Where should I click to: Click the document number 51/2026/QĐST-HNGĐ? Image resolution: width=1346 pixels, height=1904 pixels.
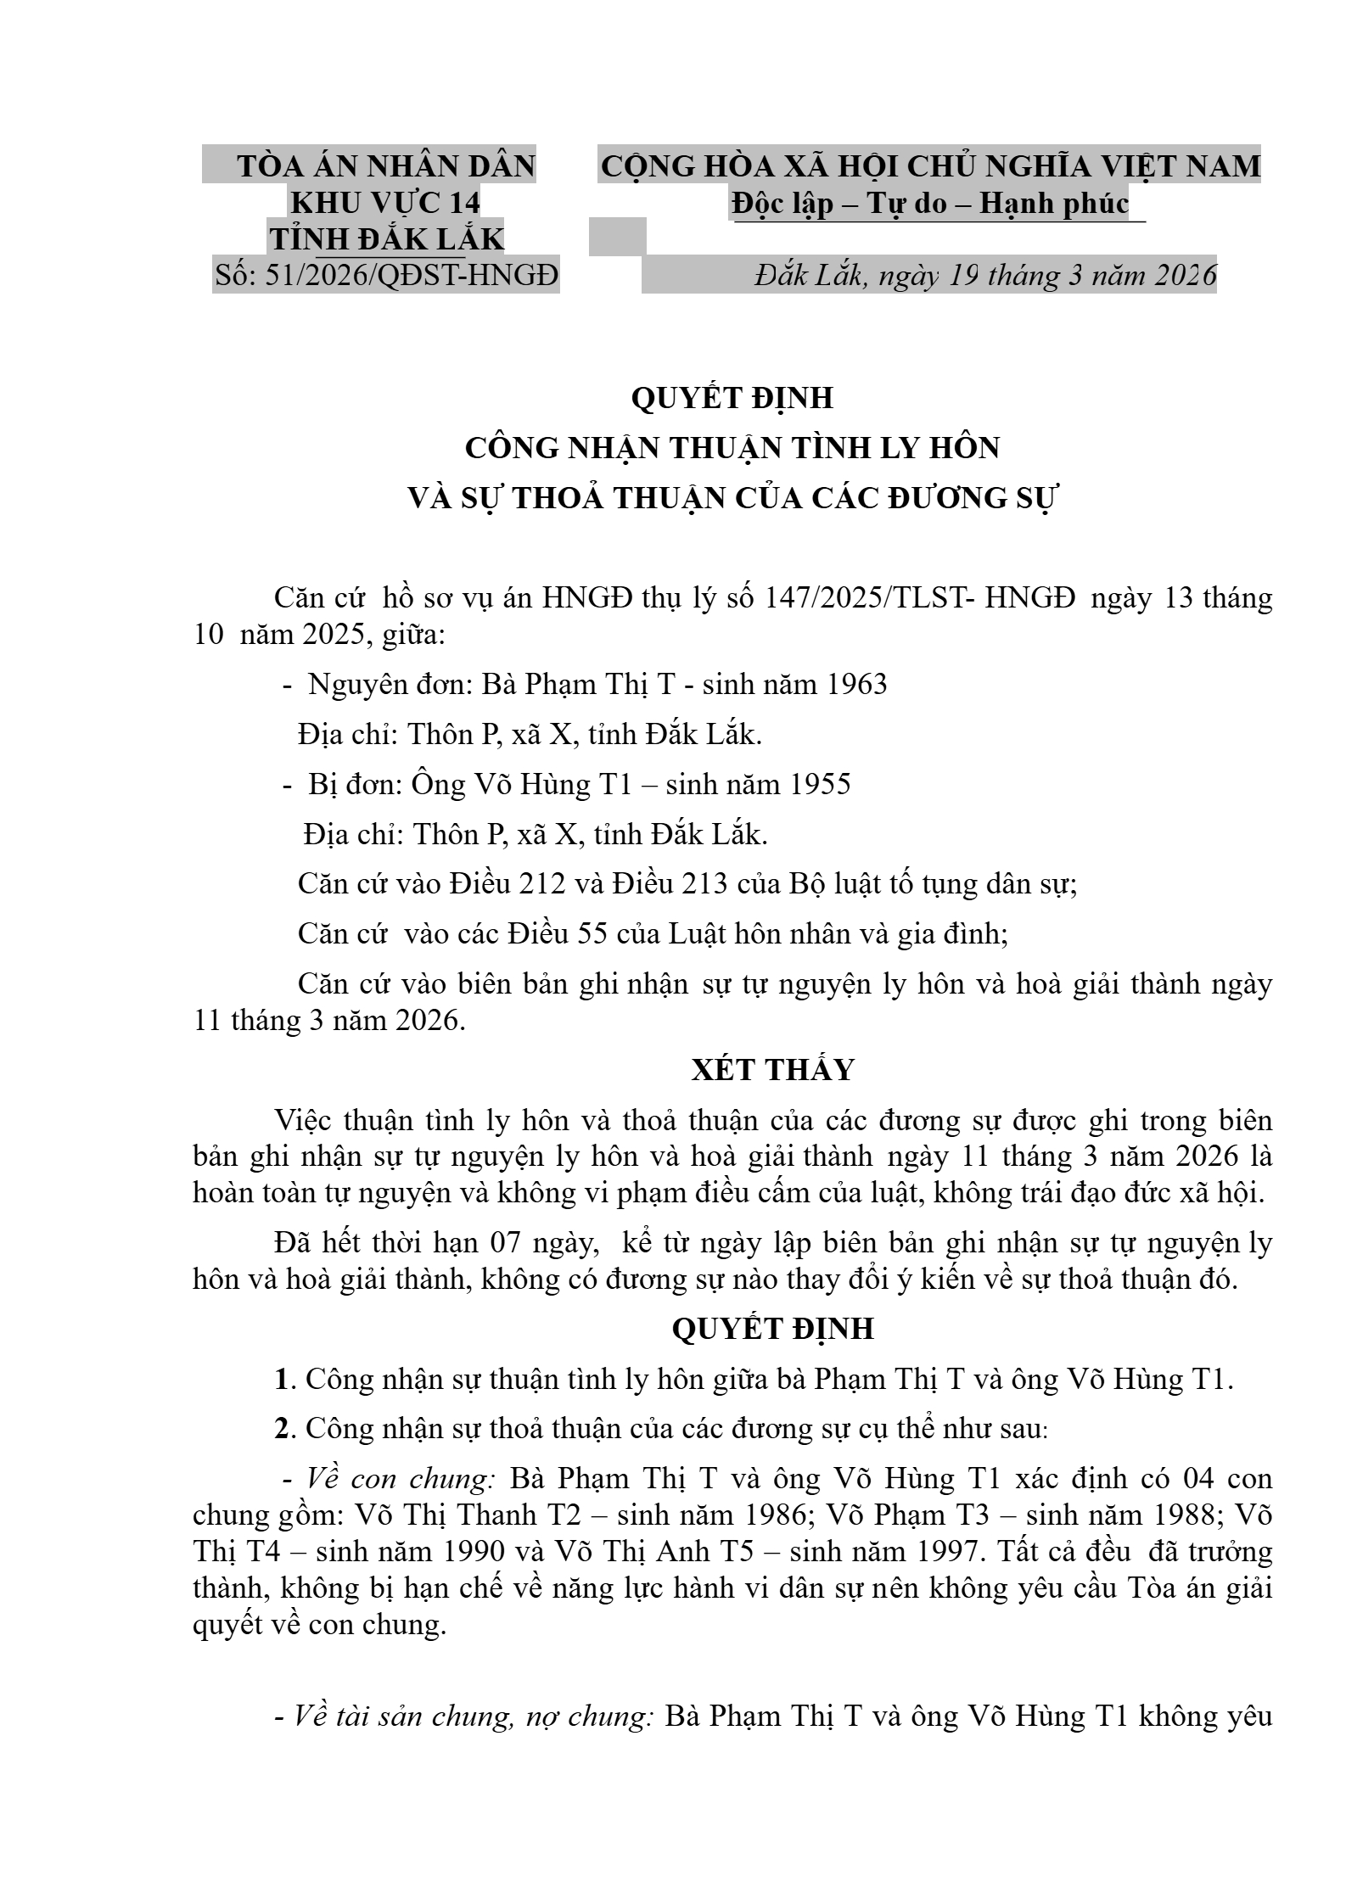(x=412, y=276)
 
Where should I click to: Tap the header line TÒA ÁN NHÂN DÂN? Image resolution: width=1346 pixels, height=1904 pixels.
(x=386, y=165)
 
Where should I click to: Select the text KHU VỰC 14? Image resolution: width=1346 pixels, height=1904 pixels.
(x=385, y=203)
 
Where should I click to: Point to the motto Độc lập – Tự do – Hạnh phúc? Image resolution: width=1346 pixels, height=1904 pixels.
(x=930, y=203)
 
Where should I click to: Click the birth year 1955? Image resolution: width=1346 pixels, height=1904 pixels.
(x=820, y=784)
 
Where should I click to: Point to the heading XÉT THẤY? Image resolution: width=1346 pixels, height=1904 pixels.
(x=772, y=1070)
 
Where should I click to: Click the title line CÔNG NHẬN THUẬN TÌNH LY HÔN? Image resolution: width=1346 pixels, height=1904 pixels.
(x=732, y=447)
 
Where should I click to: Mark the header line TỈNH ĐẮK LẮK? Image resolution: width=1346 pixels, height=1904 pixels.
(x=386, y=240)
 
